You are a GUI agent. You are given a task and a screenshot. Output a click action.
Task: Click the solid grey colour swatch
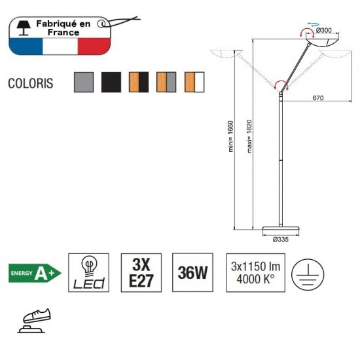[84, 82]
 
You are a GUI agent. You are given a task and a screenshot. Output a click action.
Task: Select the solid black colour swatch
[111, 82]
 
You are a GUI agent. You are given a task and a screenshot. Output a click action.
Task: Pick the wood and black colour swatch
[139, 82]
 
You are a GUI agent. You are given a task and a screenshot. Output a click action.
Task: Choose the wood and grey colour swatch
[166, 82]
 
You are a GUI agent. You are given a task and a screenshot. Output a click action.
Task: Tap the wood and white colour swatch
[194, 82]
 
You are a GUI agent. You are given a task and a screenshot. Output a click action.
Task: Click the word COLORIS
[31, 83]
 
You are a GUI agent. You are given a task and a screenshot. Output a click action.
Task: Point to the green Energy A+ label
[35, 273]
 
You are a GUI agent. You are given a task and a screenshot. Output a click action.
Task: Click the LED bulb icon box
[88, 273]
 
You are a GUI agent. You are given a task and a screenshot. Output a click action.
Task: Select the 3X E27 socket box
[141, 273]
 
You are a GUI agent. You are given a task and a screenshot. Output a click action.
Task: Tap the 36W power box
[192, 272]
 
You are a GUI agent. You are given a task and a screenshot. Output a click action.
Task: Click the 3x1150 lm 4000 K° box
[255, 273]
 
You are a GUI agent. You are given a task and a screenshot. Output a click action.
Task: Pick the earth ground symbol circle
[308, 274]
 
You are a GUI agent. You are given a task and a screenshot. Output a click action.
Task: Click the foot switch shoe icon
[35, 321]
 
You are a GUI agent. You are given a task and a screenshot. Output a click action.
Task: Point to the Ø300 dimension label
[324, 30]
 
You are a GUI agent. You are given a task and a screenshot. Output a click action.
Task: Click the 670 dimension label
[318, 98]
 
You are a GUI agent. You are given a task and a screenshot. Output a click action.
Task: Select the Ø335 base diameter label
[281, 239]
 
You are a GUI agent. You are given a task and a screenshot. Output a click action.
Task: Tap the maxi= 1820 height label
[249, 136]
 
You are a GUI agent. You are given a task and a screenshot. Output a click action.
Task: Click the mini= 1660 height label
[231, 136]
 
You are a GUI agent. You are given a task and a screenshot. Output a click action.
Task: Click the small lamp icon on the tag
[24, 28]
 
